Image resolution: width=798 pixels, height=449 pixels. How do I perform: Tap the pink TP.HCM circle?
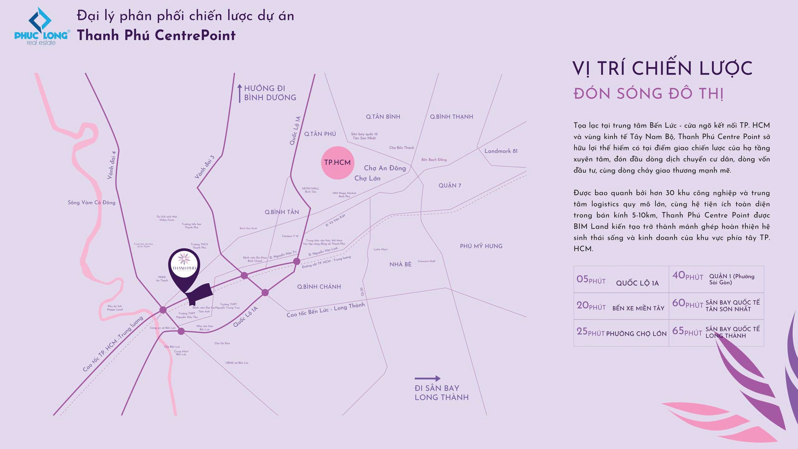(x=338, y=162)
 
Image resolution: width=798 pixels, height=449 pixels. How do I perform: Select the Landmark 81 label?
(x=501, y=151)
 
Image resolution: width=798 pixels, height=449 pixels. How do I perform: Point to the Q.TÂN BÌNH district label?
(x=383, y=117)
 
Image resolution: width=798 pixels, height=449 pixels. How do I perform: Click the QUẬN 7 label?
(x=449, y=186)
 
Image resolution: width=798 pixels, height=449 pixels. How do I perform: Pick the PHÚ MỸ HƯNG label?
(x=481, y=246)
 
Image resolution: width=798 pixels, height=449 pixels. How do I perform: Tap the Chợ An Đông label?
(x=385, y=168)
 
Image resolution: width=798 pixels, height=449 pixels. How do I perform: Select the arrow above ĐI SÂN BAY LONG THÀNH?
(x=427, y=379)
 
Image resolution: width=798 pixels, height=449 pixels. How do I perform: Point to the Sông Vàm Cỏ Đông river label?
(x=91, y=203)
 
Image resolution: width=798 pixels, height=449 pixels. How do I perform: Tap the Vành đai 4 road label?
(x=111, y=165)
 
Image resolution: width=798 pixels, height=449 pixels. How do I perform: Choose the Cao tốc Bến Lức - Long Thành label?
(x=325, y=310)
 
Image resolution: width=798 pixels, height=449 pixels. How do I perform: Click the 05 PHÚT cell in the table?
(x=591, y=279)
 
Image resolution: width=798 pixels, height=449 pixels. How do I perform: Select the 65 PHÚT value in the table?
(x=687, y=331)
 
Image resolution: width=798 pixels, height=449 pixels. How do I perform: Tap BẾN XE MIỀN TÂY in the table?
(x=638, y=308)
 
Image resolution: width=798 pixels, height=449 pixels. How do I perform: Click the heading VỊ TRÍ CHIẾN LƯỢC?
(x=662, y=69)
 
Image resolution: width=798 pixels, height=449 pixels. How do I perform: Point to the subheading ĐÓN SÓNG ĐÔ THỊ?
(x=648, y=94)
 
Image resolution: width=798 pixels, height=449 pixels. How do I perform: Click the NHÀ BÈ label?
(x=400, y=264)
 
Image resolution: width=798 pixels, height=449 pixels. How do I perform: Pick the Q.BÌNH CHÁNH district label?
(x=319, y=287)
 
